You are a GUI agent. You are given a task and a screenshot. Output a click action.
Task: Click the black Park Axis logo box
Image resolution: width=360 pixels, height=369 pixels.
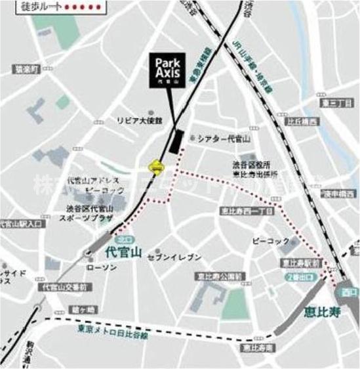169,70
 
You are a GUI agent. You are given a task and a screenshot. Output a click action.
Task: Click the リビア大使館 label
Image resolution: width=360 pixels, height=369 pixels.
138,121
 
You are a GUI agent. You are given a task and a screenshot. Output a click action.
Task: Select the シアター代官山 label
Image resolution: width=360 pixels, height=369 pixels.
225,139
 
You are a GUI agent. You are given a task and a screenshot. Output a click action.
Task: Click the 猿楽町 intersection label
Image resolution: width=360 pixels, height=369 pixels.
28,68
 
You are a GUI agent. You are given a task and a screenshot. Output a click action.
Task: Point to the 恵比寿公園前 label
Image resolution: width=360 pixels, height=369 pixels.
219,276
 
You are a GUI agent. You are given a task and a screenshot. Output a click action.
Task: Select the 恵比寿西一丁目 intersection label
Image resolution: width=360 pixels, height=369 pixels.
247,211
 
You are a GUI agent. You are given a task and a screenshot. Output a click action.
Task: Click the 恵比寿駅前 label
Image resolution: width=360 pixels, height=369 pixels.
300,262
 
